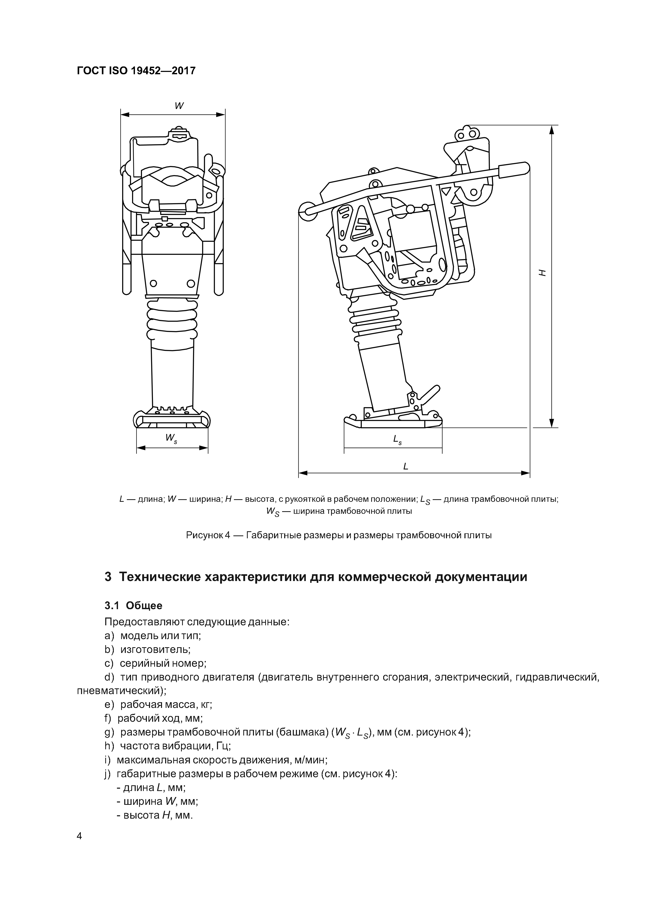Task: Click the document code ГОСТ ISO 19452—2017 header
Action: coord(136,71)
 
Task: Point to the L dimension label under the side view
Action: coord(406,466)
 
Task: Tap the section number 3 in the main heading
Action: coord(108,577)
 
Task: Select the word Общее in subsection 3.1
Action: coord(144,606)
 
